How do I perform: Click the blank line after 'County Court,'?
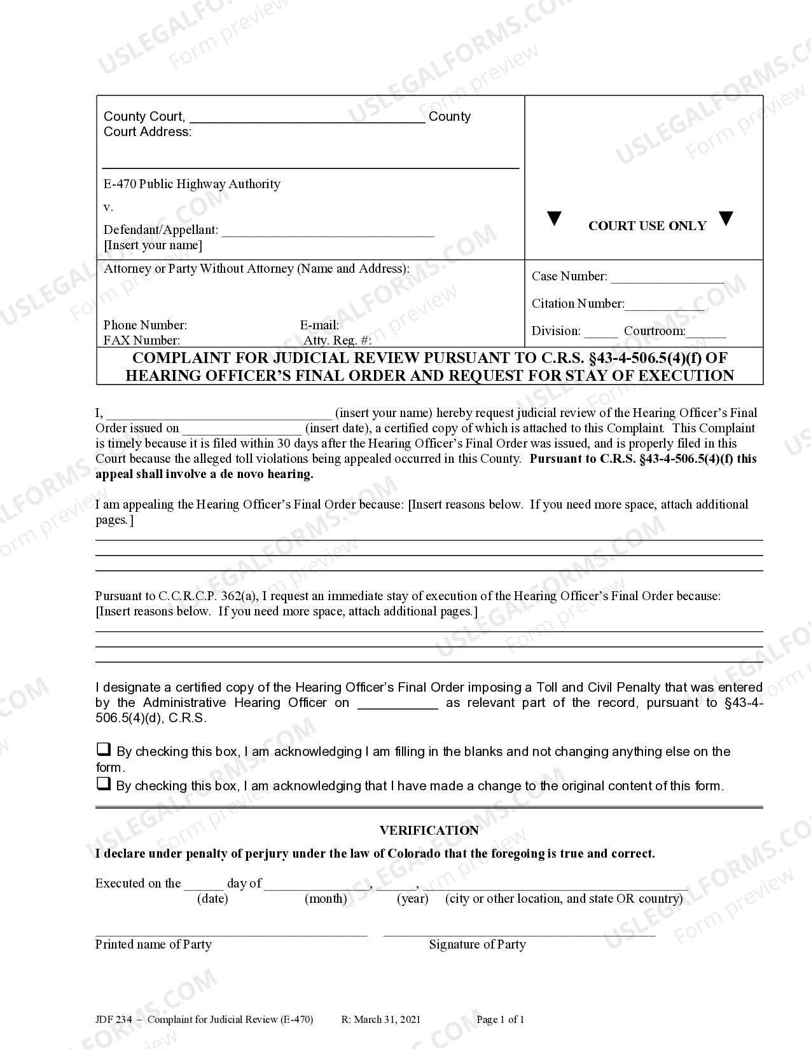coord(307,118)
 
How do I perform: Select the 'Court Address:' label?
coord(147,132)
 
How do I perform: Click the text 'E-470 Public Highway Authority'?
coord(191,184)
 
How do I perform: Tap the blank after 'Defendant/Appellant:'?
coord(328,231)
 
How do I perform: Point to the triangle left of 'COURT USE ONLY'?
coord(555,219)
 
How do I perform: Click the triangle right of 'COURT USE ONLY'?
coord(726,219)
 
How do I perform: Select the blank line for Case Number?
coord(667,278)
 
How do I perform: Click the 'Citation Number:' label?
coord(578,303)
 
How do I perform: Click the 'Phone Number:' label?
coord(145,325)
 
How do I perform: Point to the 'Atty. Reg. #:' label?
coord(337,340)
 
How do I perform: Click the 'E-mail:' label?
coord(319,325)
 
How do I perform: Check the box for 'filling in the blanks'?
coord(103,750)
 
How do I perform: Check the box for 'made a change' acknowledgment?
coord(103,784)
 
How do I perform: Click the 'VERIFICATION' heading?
coord(429,830)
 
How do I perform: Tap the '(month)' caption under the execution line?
coord(326,898)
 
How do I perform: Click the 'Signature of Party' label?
coord(477,944)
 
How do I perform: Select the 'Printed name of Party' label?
coord(153,944)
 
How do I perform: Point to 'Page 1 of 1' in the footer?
coord(500,1020)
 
